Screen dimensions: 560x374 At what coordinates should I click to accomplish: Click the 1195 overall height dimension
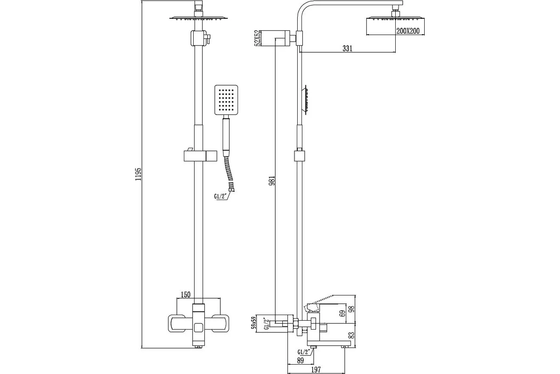(138, 174)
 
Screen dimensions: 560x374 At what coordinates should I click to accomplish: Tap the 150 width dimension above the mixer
(186, 295)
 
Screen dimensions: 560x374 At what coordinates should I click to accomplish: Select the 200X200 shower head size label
(408, 31)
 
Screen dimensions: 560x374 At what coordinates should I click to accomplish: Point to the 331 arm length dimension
(348, 48)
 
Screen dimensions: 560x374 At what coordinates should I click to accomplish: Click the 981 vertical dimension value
(272, 180)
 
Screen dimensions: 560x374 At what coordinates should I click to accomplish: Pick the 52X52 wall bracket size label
(257, 38)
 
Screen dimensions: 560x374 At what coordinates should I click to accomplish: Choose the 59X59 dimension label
(254, 323)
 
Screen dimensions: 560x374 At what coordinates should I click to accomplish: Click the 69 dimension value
(343, 313)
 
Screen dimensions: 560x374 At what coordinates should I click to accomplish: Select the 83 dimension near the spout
(351, 336)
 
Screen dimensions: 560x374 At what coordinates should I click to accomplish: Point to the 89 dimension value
(300, 360)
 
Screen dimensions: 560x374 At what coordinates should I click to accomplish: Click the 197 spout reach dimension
(316, 369)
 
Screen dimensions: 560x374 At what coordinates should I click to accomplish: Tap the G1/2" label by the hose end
(220, 197)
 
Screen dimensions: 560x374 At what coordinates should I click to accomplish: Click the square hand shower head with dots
(226, 100)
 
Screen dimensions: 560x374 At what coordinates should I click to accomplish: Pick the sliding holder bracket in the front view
(200, 155)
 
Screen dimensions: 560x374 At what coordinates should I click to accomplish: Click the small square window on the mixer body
(198, 328)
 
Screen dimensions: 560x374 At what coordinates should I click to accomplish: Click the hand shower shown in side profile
(305, 100)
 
